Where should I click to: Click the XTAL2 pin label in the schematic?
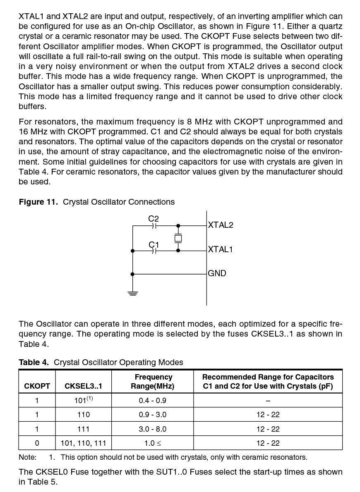click(x=220, y=225)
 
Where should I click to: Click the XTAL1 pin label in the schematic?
click(x=220, y=250)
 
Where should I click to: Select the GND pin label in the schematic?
click(x=217, y=274)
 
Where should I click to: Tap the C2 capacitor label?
click(x=154, y=219)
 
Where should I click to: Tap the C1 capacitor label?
click(x=154, y=245)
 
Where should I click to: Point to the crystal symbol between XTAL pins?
click(x=178, y=238)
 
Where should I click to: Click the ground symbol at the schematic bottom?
click(x=133, y=293)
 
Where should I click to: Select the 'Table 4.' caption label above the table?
click(x=34, y=363)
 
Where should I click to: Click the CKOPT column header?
click(x=37, y=386)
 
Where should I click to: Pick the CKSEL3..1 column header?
click(x=83, y=386)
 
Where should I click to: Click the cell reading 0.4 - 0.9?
click(x=152, y=401)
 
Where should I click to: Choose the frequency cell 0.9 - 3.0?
click(x=152, y=415)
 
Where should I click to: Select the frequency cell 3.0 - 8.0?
click(x=152, y=429)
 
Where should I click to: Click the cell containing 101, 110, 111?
click(x=83, y=443)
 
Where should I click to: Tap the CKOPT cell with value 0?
click(x=37, y=443)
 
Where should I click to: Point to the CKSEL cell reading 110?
click(x=83, y=415)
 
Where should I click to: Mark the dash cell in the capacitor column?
click(x=268, y=401)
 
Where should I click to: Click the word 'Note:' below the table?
click(x=27, y=457)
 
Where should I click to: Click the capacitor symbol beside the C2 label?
click(x=154, y=226)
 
